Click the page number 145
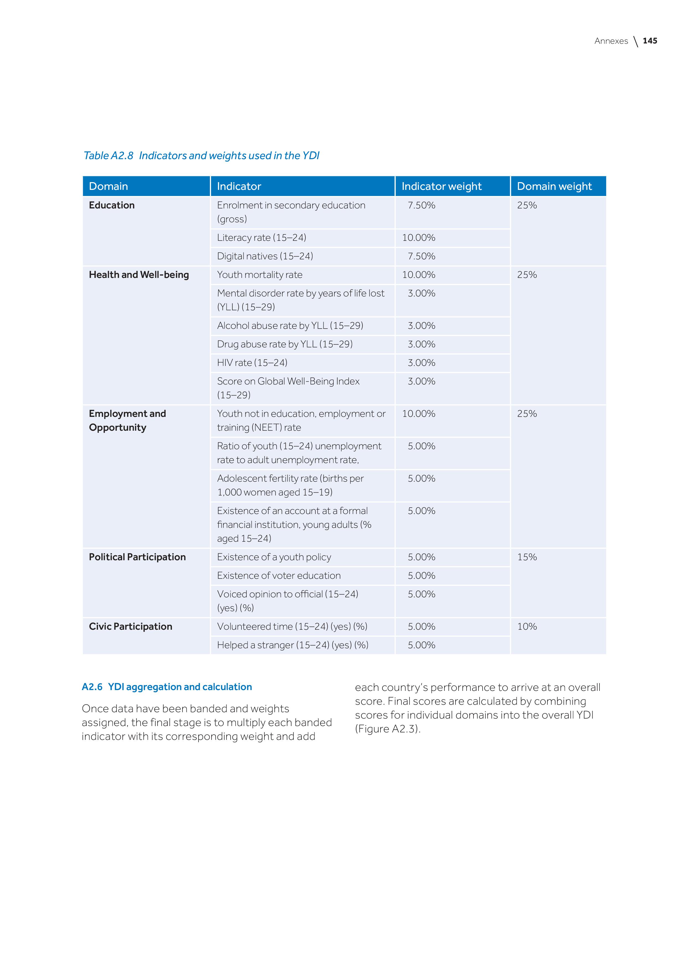tap(650, 41)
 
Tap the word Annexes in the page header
tap(611, 41)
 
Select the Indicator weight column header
tap(441, 187)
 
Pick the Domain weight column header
tap(554, 187)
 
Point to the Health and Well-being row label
tap(139, 275)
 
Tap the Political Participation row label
tap(137, 557)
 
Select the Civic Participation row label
tap(130, 626)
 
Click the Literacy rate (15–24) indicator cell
tap(261, 238)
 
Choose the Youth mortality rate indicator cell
tap(260, 275)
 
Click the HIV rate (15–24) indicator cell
tap(252, 363)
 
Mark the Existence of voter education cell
tap(279, 575)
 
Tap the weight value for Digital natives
tap(421, 256)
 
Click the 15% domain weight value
tap(527, 557)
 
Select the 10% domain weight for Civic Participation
tap(527, 626)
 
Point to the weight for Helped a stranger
tap(421, 645)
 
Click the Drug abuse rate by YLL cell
tap(285, 344)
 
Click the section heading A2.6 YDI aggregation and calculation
tap(167, 687)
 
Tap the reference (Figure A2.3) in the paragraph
tap(387, 729)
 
